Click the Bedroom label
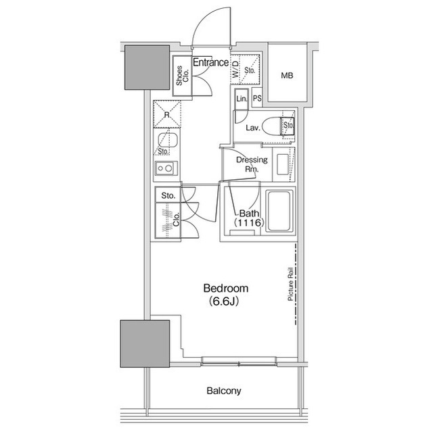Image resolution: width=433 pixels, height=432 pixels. [x=225, y=288]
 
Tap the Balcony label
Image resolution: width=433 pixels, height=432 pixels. [x=224, y=391]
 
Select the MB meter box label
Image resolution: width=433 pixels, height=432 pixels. [x=287, y=75]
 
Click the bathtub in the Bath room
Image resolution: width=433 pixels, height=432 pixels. [x=279, y=212]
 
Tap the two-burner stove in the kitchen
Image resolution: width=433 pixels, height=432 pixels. [x=166, y=168]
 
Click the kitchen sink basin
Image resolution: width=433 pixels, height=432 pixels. [x=167, y=140]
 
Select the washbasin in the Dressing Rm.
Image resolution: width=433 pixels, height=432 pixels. [x=283, y=164]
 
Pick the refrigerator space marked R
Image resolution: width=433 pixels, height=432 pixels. [x=167, y=114]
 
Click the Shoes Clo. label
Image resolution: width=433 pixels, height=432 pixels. [x=182, y=75]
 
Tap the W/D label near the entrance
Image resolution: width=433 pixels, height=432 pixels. [x=235, y=69]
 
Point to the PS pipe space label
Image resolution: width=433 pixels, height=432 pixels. [x=257, y=98]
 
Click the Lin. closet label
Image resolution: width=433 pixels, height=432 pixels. [x=242, y=99]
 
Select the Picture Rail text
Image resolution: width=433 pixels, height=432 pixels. [x=290, y=284]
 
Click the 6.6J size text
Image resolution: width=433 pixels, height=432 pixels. [x=223, y=302]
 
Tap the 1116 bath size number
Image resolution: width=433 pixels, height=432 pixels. [x=250, y=222]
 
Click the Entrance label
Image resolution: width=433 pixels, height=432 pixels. [x=210, y=63]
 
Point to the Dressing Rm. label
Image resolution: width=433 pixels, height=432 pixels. [x=252, y=164]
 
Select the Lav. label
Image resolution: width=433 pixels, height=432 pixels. [x=253, y=128]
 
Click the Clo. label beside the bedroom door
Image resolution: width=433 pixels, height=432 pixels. [x=176, y=219]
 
